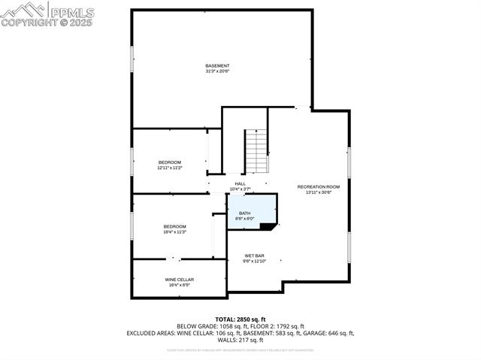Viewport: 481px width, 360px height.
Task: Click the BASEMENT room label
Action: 217,66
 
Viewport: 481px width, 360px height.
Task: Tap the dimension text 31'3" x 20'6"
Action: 217,71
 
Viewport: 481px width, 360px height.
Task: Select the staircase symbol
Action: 256,151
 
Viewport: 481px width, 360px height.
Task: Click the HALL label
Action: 240,183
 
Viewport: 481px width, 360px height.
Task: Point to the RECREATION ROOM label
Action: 318,186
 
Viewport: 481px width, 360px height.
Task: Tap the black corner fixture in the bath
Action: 274,225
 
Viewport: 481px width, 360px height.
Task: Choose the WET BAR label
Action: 254,256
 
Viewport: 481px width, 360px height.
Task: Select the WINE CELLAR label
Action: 180,280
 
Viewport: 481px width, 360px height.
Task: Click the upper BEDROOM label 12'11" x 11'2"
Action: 170,162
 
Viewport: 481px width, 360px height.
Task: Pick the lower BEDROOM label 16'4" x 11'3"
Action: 175,226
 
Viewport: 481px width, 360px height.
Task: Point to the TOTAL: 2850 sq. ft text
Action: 240,319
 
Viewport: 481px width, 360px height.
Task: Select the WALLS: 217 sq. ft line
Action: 240,339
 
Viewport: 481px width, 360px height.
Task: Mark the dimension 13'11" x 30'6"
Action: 318,192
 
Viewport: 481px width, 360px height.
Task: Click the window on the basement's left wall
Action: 133,59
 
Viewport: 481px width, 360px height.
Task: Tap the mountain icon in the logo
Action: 23,9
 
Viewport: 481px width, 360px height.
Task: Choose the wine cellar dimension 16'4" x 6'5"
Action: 180,286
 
